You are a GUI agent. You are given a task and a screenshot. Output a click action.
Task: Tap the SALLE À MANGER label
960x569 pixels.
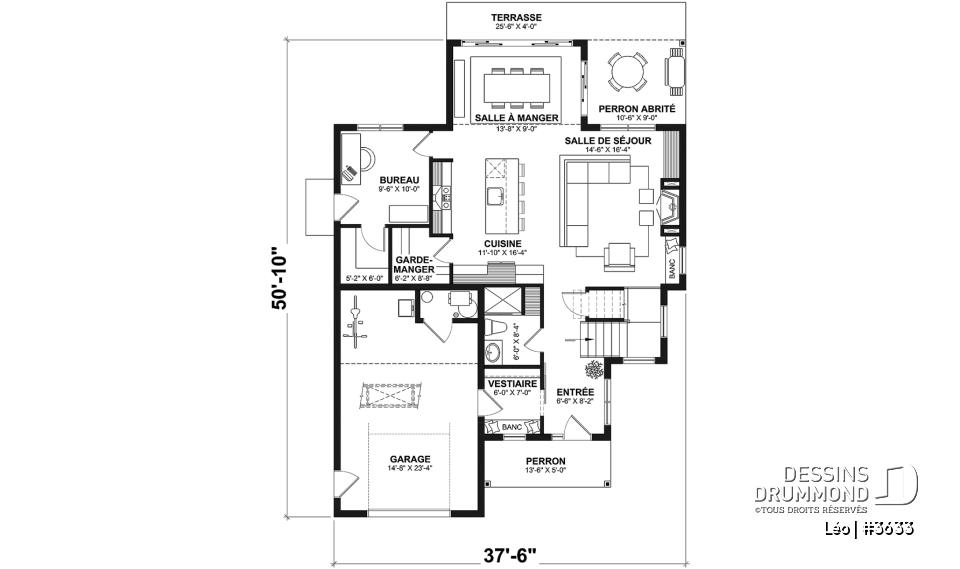point(516,118)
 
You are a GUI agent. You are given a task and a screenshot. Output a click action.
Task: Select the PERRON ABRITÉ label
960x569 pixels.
point(636,108)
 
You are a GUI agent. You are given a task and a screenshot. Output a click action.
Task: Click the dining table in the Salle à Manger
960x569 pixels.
point(516,84)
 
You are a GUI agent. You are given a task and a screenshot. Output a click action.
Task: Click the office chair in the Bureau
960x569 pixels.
point(365,158)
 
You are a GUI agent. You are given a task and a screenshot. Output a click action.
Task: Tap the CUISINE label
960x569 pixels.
point(502,243)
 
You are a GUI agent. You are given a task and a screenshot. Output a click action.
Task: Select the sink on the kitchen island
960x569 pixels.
point(495,194)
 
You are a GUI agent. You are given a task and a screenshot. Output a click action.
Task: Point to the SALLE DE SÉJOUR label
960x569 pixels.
point(607,141)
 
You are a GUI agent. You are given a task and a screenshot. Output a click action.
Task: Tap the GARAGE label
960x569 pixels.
point(410,460)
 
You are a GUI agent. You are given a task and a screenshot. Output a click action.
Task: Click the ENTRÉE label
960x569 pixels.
point(574,391)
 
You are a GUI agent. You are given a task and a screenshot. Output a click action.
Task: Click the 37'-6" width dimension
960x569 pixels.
point(510,553)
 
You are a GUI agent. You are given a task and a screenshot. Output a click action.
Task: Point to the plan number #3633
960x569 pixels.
point(887,528)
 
